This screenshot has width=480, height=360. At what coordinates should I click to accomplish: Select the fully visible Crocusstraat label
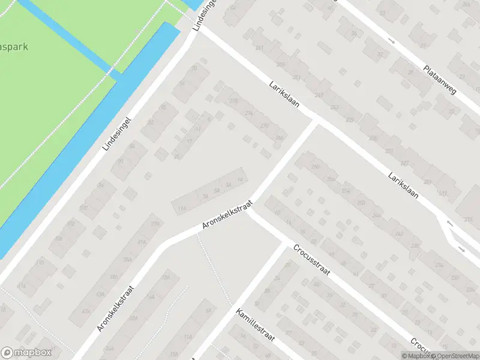313,262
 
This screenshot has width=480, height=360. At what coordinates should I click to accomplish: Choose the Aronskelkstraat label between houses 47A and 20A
116,308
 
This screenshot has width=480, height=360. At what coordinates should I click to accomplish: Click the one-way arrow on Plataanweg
391,41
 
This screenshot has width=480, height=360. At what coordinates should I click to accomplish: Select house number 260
314,167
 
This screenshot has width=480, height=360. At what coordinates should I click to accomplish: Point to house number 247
319,95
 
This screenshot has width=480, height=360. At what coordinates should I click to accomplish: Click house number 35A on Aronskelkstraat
127,260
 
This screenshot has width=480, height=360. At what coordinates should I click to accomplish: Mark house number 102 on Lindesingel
84,208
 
